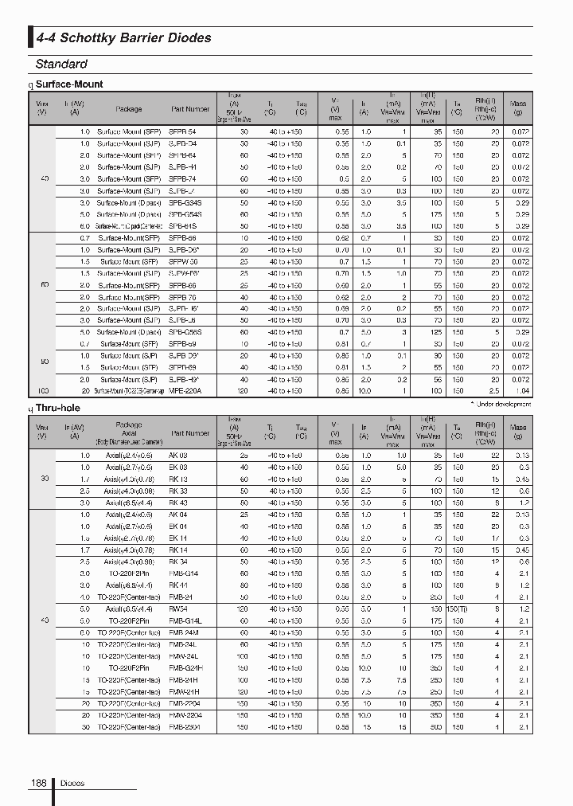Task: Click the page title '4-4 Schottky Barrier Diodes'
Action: [x=123, y=37]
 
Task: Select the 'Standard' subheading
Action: [x=61, y=64]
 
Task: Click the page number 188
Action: [x=38, y=784]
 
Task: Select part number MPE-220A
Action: [x=185, y=391]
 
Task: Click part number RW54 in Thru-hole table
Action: [x=177, y=608]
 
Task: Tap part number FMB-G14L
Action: [x=185, y=620]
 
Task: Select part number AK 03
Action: [x=178, y=455]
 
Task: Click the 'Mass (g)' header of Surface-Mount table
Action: [x=518, y=108]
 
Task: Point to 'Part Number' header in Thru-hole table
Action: [x=190, y=433]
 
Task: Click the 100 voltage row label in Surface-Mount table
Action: [x=43, y=391]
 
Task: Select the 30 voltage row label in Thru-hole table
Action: [x=43, y=479]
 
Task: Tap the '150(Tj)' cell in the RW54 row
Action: [x=457, y=608]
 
